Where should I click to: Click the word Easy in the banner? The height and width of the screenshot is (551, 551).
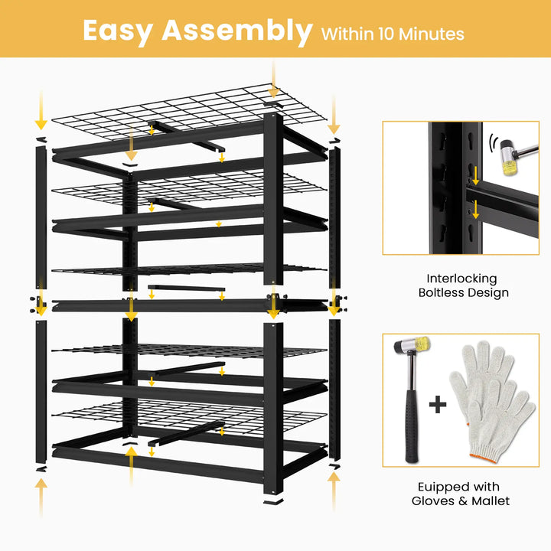pos(118,31)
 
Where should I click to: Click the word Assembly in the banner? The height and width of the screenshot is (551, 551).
pos(237,31)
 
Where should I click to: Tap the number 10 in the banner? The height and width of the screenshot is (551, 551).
pos(386,34)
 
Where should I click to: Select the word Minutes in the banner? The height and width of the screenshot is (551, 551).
pos(432,34)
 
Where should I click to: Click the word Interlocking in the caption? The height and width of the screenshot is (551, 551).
pos(461,279)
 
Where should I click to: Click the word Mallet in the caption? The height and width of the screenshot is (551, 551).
pos(491,500)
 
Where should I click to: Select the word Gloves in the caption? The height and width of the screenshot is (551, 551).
pos(433,500)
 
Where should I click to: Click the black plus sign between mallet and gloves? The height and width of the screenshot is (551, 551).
pos(438,405)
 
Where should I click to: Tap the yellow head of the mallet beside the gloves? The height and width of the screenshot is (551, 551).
pos(422,344)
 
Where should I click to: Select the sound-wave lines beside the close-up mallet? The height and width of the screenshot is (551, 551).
pos(493,143)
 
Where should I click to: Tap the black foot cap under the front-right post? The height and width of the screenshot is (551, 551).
pos(273,501)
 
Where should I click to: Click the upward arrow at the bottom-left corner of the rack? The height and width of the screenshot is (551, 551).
pos(41,496)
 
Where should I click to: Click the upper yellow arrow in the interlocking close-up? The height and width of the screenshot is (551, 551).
pos(475,176)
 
